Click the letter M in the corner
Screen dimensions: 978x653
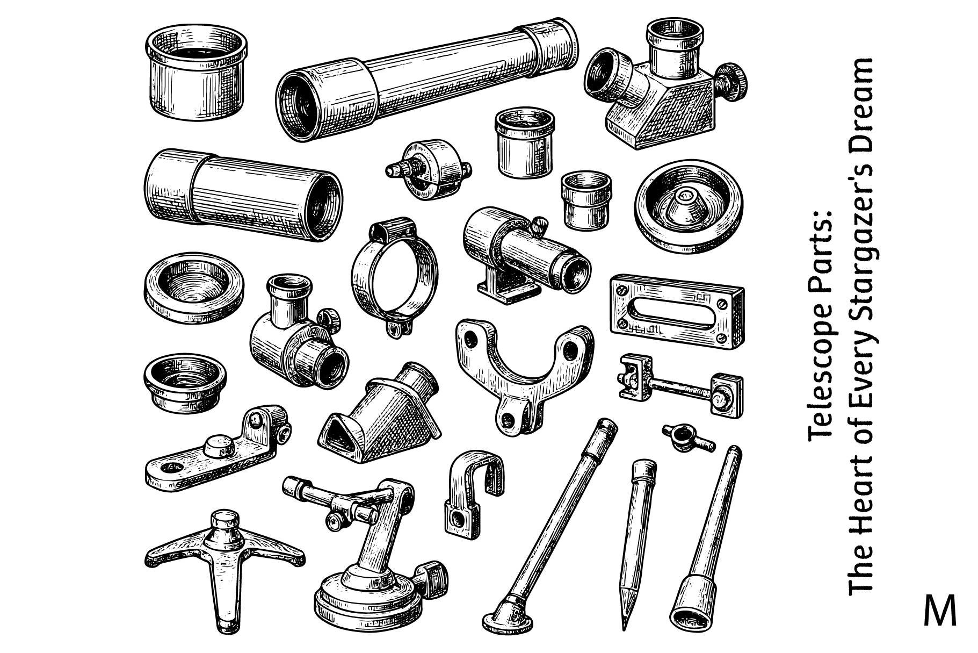940,610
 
